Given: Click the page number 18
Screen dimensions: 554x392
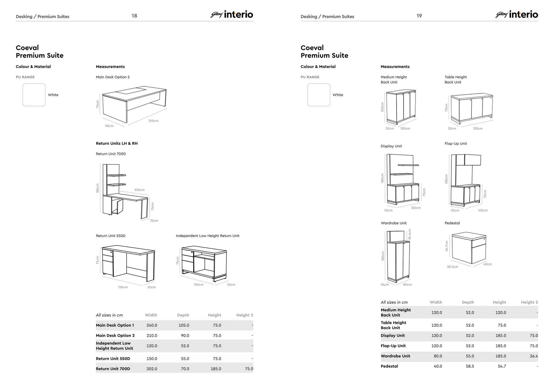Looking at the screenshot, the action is (x=134, y=16).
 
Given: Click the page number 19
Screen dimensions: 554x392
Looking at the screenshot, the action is (x=419, y=16).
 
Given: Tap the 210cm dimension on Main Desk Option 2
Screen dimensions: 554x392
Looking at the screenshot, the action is (x=153, y=121).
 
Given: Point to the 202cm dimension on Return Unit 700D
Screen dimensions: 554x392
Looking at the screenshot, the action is (x=139, y=190).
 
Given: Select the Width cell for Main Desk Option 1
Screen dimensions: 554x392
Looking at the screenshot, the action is (x=152, y=325).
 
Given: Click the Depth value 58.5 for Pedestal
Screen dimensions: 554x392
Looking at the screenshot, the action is (x=470, y=366).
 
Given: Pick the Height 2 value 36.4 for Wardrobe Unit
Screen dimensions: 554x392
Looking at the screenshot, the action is (x=533, y=356).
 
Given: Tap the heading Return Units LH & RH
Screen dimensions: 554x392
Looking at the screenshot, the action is (x=117, y=143).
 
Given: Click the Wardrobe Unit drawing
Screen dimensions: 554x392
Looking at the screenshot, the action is (x=398, y=256).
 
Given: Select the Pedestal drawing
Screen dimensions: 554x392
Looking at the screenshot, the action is (x=469, y=248).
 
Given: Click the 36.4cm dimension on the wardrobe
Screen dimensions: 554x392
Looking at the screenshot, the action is (x=410, y=234).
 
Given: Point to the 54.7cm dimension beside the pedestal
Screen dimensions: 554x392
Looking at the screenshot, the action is (x=447, y=246).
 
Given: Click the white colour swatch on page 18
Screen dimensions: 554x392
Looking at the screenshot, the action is (x=34, y=95).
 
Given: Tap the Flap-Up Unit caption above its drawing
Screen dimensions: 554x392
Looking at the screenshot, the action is (x=456, y=143).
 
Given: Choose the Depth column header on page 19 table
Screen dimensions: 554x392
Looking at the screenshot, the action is (x=468, y=302).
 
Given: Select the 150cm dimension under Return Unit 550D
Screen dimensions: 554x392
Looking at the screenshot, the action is (x=123, y=287).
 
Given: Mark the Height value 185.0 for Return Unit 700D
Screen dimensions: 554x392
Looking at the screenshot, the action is (x=216, y=369).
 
